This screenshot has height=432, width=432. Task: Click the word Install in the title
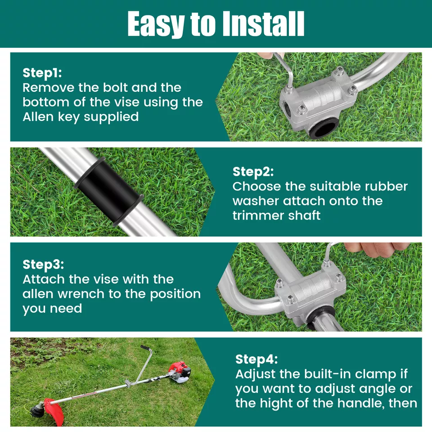click(x=260, y=24)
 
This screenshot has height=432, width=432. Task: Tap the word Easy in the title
click(x=153, y=24)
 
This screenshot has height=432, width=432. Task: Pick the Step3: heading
click(x=43, y=264)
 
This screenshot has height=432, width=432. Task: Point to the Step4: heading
click(x=256, y=360)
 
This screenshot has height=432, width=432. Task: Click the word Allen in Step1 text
click(x=36, y=117)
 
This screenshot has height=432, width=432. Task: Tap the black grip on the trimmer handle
click(x=145, y=349)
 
